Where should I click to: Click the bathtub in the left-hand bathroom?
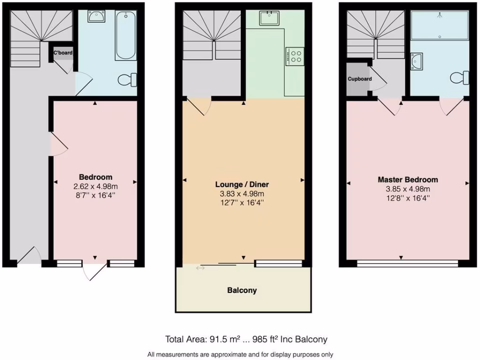pyautogui.click(x=126, y=36)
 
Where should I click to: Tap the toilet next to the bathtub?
pyautogui.click(x=127, y=80)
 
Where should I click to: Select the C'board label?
pyautogui.click(x=63, y=53)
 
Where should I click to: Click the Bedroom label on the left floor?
pyautogui.click(x=95, y=177)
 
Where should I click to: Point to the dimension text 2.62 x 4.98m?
pyautogui.click(x=95, y=186)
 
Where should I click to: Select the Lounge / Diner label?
pyautogui.click(x=242, y=184)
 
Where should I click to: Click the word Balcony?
pyautogui.click(x=242, y=290)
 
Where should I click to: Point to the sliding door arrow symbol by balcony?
pyautogui.click(x=201, y=268)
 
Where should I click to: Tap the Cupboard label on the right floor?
pyautogui.click(x=360, y=79)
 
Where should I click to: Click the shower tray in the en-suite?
pyautogui.click(x=439, y=25)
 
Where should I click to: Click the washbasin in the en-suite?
pyautogui.click(x=416, y=60)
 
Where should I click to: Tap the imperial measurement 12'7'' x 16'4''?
pyautogui.click(x=242, y=202)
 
